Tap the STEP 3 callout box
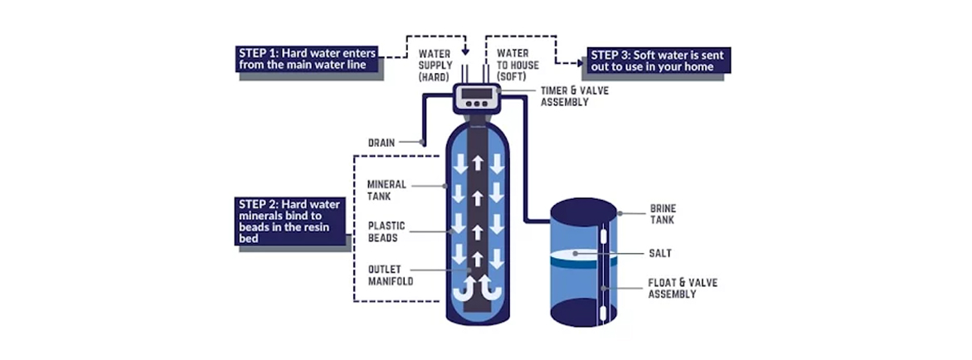click(659, 61)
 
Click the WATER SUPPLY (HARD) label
click(434, 65)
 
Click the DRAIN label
click(382, 143)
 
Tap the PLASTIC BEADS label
click(385, 231)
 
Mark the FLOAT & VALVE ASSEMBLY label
click(682, 288)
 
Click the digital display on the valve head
click(475, 93)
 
